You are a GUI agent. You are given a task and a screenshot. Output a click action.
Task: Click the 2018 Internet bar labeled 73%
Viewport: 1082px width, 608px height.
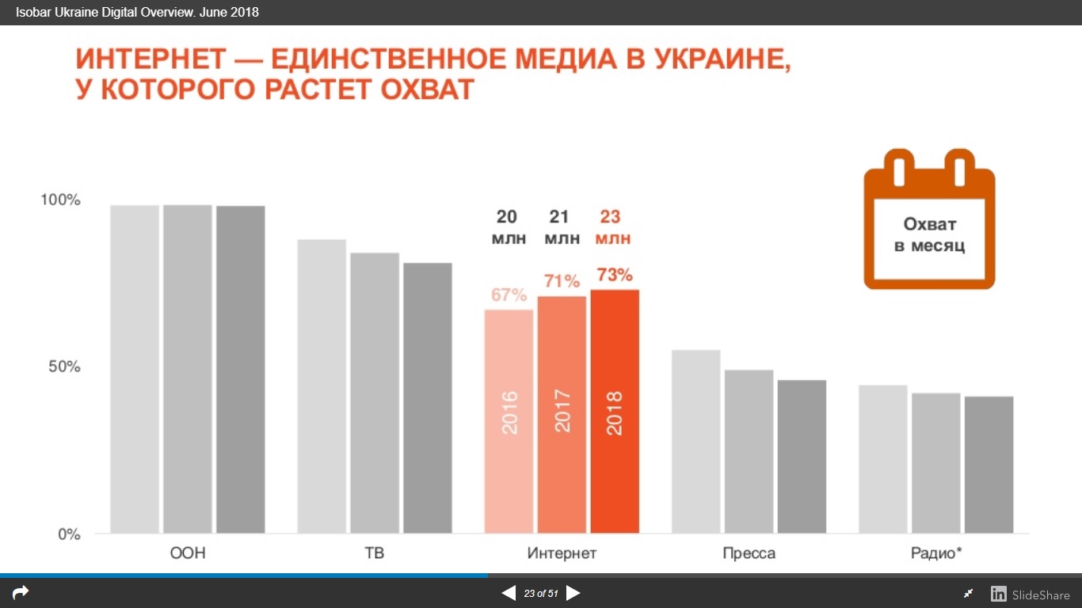click(615, 412)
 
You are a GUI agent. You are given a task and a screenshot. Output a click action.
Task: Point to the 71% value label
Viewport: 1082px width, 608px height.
click(562, 281)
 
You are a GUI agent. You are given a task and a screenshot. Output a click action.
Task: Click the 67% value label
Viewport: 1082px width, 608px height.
click(509, 295)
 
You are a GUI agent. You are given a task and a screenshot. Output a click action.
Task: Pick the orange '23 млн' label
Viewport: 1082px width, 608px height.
click(614, 227)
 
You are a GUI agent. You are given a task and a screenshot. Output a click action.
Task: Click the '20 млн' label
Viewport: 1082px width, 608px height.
click(509, 227)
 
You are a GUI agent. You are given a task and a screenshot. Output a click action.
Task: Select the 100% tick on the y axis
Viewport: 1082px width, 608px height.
click(61, 200)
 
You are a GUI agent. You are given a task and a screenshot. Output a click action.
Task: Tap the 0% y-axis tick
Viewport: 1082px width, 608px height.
click(68, 534)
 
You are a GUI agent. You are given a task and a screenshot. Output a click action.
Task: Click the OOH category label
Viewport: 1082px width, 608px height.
click(188, 553)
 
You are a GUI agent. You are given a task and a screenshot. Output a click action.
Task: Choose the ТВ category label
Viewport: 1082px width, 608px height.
click(375, 553)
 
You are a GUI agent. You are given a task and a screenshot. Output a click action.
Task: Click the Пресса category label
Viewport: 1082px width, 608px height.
click(749, 553)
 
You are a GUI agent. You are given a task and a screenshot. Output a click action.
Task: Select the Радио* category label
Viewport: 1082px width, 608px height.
click(936, 553)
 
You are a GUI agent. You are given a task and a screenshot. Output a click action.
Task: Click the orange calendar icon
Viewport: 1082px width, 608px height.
click(929, 219)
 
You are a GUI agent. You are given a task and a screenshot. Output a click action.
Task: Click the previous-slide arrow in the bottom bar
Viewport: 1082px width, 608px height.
click(509, 593)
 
